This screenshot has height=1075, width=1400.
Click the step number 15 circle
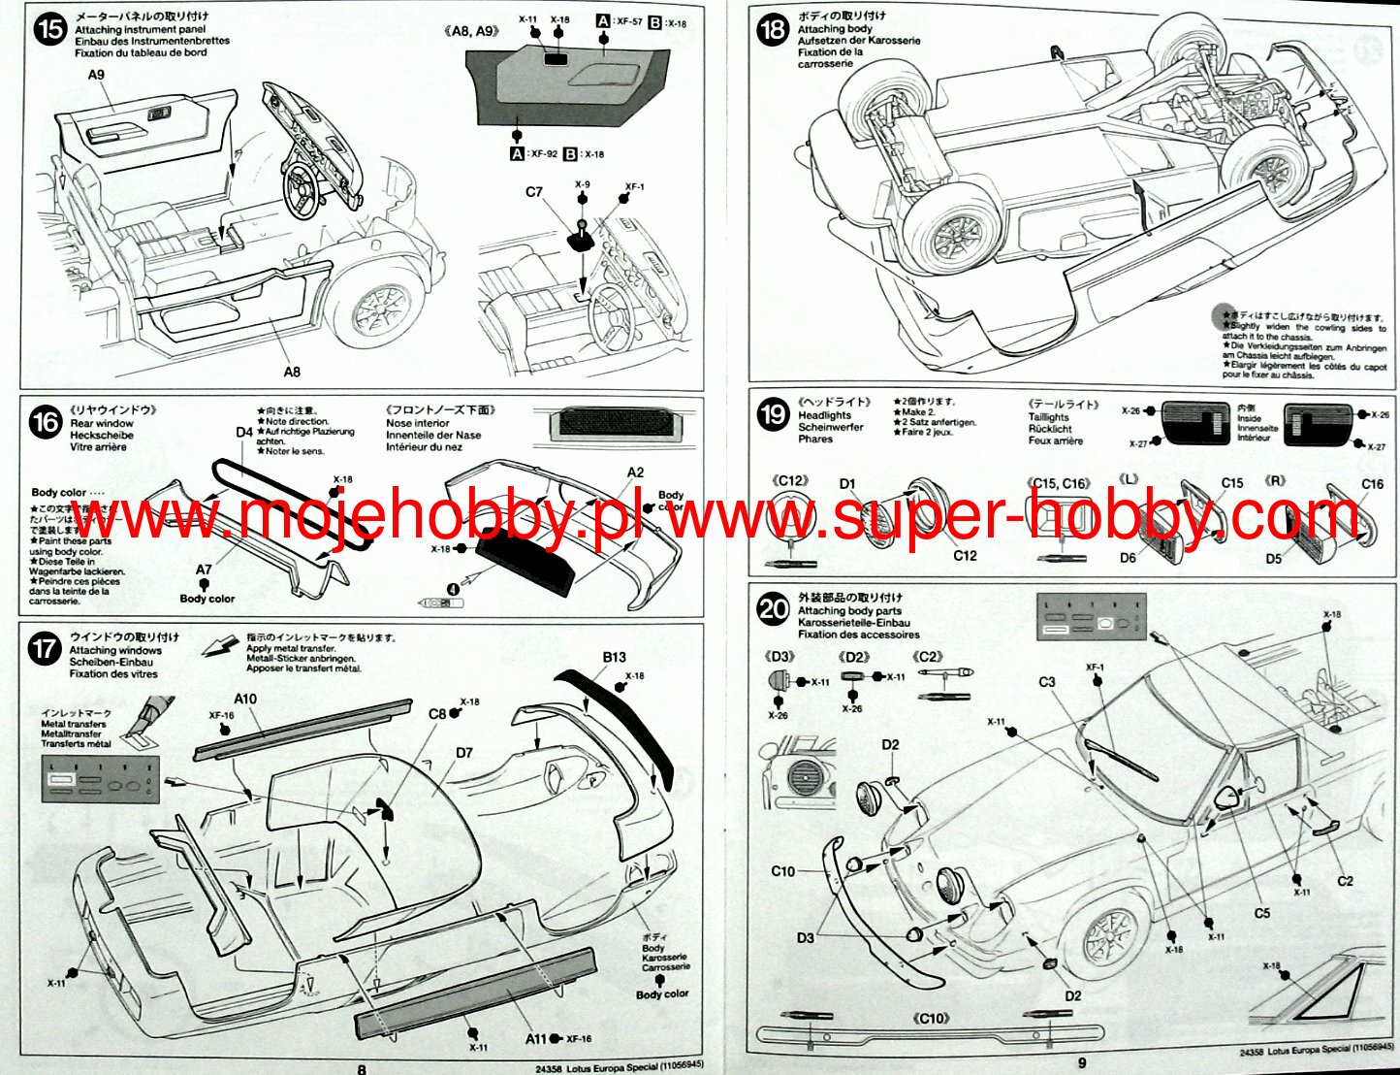48,29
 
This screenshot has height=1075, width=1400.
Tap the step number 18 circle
772,29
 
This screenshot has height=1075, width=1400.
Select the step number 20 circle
773,609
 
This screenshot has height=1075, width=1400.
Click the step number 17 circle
45,647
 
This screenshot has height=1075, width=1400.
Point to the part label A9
96,75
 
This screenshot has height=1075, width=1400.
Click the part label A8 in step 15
292,371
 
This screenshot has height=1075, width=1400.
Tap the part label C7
533,192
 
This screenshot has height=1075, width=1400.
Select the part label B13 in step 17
614,657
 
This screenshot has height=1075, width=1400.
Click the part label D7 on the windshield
463,752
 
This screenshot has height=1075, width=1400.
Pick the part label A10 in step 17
245,699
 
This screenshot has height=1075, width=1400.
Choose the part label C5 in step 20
1261,913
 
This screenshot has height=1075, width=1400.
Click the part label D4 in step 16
243,433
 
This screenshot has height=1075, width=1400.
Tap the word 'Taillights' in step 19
1048,417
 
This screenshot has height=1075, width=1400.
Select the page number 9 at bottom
1081,1065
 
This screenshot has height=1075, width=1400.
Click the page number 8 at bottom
362,1068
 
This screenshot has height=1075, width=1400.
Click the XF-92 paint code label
543,153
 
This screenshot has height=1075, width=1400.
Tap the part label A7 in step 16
204,570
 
